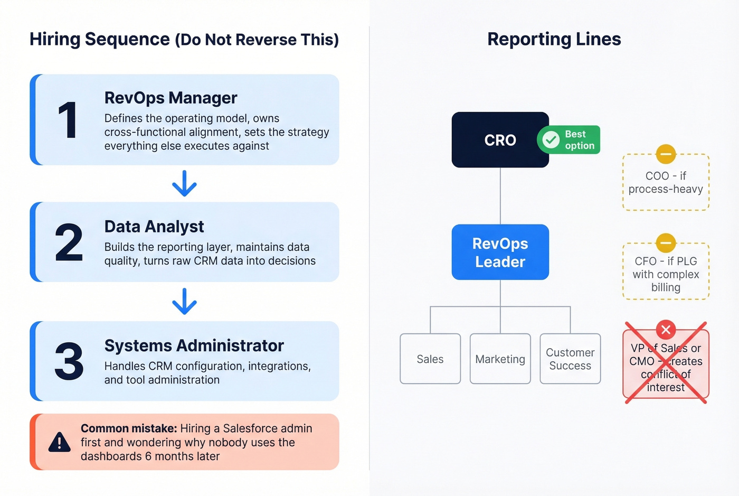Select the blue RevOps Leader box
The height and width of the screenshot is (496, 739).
(x=500, y=252)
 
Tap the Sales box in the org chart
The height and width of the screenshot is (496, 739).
(x=430, y=359)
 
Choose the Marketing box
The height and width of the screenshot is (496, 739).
(x=500, y=359)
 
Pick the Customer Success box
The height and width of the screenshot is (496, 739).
(x=570, y=359)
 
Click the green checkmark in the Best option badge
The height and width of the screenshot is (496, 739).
(x=551, y=140)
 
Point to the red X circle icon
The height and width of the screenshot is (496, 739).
(x=666, y=330)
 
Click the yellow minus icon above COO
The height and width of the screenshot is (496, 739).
(x=666, y=154)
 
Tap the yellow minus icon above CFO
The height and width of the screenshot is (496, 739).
(x=666, y=244)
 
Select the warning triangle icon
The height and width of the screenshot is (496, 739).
(x=59, y=443)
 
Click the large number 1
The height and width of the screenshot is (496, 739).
(x=68, y=120)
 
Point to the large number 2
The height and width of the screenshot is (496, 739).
(x=69, y=242)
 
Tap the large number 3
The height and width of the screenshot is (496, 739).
(x=69, y=362)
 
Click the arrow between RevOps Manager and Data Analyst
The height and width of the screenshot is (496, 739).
(x=184, y=183)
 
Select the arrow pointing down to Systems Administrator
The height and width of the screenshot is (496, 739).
(x=184, y=302)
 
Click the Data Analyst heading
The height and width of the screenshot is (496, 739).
(x=154, y=227)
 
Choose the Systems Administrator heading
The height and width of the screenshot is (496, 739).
(x=194, y=346)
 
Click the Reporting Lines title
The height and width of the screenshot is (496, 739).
(x=554, y=39)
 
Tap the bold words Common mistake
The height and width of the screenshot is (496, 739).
(x=128, y=428)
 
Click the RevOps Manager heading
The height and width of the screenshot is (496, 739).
(x=170, y=98)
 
